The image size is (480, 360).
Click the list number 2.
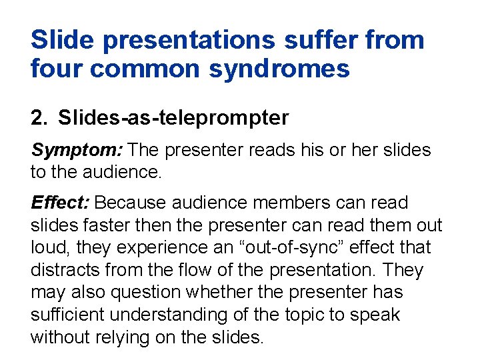tap(38, 118)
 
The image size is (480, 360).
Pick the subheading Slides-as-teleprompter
tap(173, 118)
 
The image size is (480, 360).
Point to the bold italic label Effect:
tap(61, 202)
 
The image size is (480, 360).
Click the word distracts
tap(65, 270)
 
